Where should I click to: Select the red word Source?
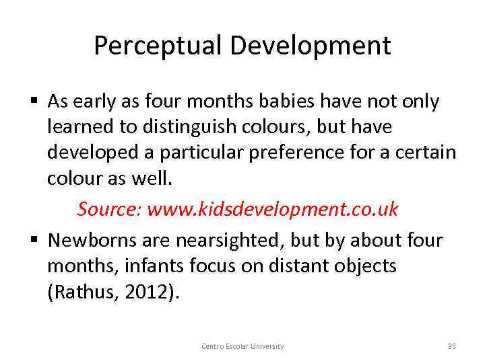108,209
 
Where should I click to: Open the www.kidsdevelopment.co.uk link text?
272,209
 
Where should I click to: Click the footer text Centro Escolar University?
243,346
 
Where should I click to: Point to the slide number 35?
451,346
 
